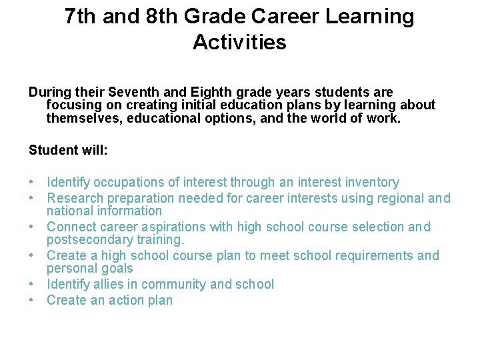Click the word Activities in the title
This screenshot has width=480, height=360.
[x=239, y=43]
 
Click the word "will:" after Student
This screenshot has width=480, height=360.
[x=93, y=150]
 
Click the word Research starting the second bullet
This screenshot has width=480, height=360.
[x=73, y=198]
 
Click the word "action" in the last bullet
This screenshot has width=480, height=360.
[x=127, y=301]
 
